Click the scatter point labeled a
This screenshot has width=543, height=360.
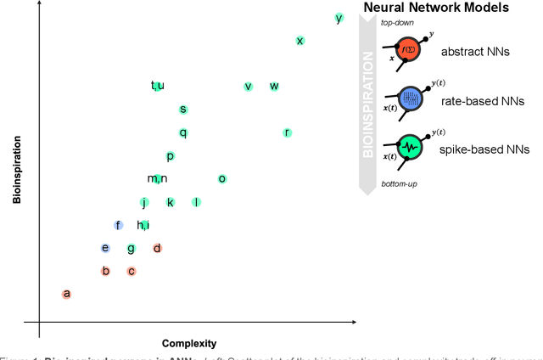pos(67,294)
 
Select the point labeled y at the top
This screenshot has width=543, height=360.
pos(339,18)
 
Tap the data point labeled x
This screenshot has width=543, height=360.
pos(299,41)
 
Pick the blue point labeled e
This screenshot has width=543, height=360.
pos(105,248)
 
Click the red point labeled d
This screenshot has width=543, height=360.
pos(157,248)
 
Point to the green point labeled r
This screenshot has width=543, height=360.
pos(288,132)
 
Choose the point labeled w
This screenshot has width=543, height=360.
pos(274,86)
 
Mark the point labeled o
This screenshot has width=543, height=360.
pos(222,178)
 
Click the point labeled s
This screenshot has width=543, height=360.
pos(182,109)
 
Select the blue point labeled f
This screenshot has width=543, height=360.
pos(119,225)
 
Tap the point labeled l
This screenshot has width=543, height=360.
pos(196,202)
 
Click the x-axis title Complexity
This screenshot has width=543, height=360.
pos(189,344)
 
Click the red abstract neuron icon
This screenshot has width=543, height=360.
pos(409,50)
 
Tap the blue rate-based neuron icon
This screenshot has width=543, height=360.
pos(410,98)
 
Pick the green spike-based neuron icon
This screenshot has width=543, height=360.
pos(410,146)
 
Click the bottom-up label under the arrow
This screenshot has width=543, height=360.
pos(398,183)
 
